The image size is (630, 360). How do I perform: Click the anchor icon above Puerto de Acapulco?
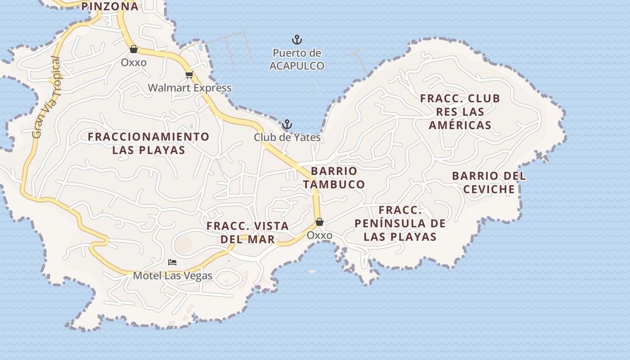[x=297, y=40]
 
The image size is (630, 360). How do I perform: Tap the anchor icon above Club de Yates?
[x=287, y=124]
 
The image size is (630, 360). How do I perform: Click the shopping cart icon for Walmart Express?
[x=189, y=75]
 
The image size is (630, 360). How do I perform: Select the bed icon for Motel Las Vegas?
[x=172, y=262]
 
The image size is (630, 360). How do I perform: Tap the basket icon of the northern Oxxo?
[x=134, y=49]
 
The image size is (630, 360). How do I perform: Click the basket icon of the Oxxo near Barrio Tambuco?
[x=319, y=222]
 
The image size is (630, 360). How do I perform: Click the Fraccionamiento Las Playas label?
[x=148, y=143]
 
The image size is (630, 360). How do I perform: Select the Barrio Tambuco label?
[x=334, y=178]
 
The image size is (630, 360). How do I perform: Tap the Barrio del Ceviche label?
[x=489, y=182]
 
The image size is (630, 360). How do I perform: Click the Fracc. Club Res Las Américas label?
[x=460, y=112]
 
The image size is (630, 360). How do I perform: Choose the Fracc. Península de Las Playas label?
[x=400, y=223]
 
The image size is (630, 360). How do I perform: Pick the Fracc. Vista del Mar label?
[x=247, y=233]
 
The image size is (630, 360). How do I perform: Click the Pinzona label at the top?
[x=110, y=6]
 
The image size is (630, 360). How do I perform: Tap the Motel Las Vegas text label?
[x=172, y=275]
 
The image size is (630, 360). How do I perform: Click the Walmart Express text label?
[x=190, y=88]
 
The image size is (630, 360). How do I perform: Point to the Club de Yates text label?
[x=287, y=137]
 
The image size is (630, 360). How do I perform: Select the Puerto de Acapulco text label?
[x=297, y=59]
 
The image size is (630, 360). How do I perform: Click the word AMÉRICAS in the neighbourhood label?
[x=460, y=125]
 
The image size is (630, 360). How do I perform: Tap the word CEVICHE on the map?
[x=489, y=189]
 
